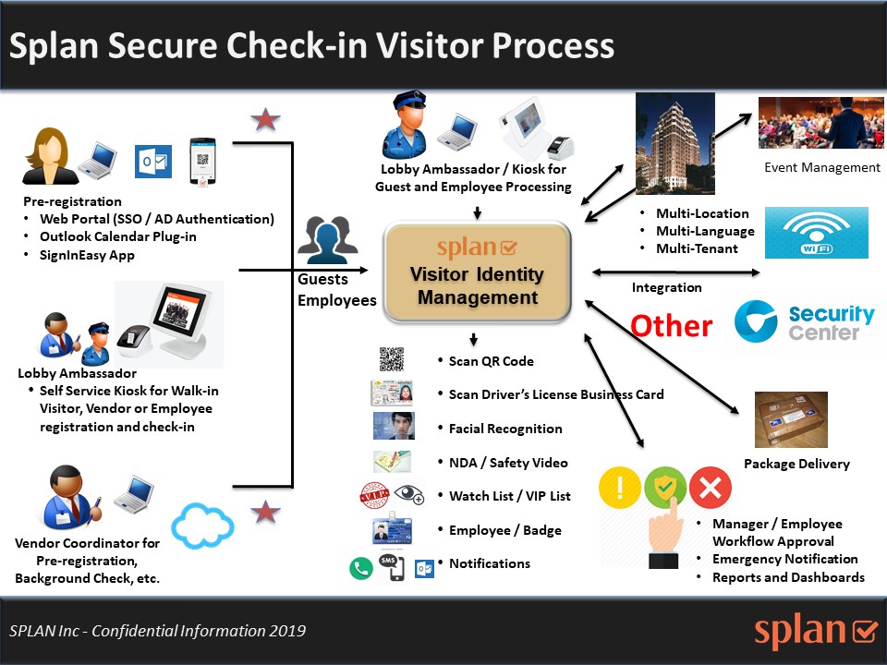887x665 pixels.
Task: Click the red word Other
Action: click(x=672, y=325)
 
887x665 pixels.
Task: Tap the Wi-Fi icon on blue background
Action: click(x=809, y=233)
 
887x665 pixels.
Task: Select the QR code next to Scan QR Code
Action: click(x=392, y=359)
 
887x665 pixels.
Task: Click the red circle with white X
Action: click(x=710, y=489)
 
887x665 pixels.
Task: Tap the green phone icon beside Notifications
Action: click(x=360, y=568)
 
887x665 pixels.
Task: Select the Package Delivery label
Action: click(x=796, y=464)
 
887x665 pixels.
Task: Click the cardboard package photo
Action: click(x=791, y=419)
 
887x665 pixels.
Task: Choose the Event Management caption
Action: click(x=822, y=167)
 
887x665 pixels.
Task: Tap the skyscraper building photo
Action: click(x=674, y=143)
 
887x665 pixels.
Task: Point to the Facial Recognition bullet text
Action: click(x=505, y=429)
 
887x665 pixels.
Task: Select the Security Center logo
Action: click(x=805, y=322)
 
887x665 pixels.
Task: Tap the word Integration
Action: click(x=666, y=287)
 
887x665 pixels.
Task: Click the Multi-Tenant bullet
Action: click(x=697, y=248)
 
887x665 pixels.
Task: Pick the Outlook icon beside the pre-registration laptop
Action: click(x=152, y=161)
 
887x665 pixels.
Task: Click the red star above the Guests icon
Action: click(x=266, y=120)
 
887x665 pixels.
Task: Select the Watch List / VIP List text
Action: click(x=509, y=496)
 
